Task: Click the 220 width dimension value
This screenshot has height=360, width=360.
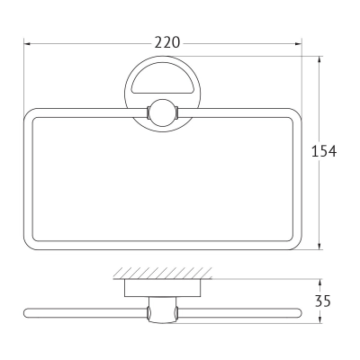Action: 167,42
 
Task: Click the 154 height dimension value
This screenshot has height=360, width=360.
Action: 324,151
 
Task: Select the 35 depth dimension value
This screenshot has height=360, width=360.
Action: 323,301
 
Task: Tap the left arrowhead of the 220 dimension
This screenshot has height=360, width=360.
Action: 27,44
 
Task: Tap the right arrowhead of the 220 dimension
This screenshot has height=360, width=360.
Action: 298,44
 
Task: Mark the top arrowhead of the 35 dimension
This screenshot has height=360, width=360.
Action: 320,283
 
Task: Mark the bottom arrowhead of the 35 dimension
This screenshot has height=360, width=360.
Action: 320,319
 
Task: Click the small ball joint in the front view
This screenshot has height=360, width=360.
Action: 162,112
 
